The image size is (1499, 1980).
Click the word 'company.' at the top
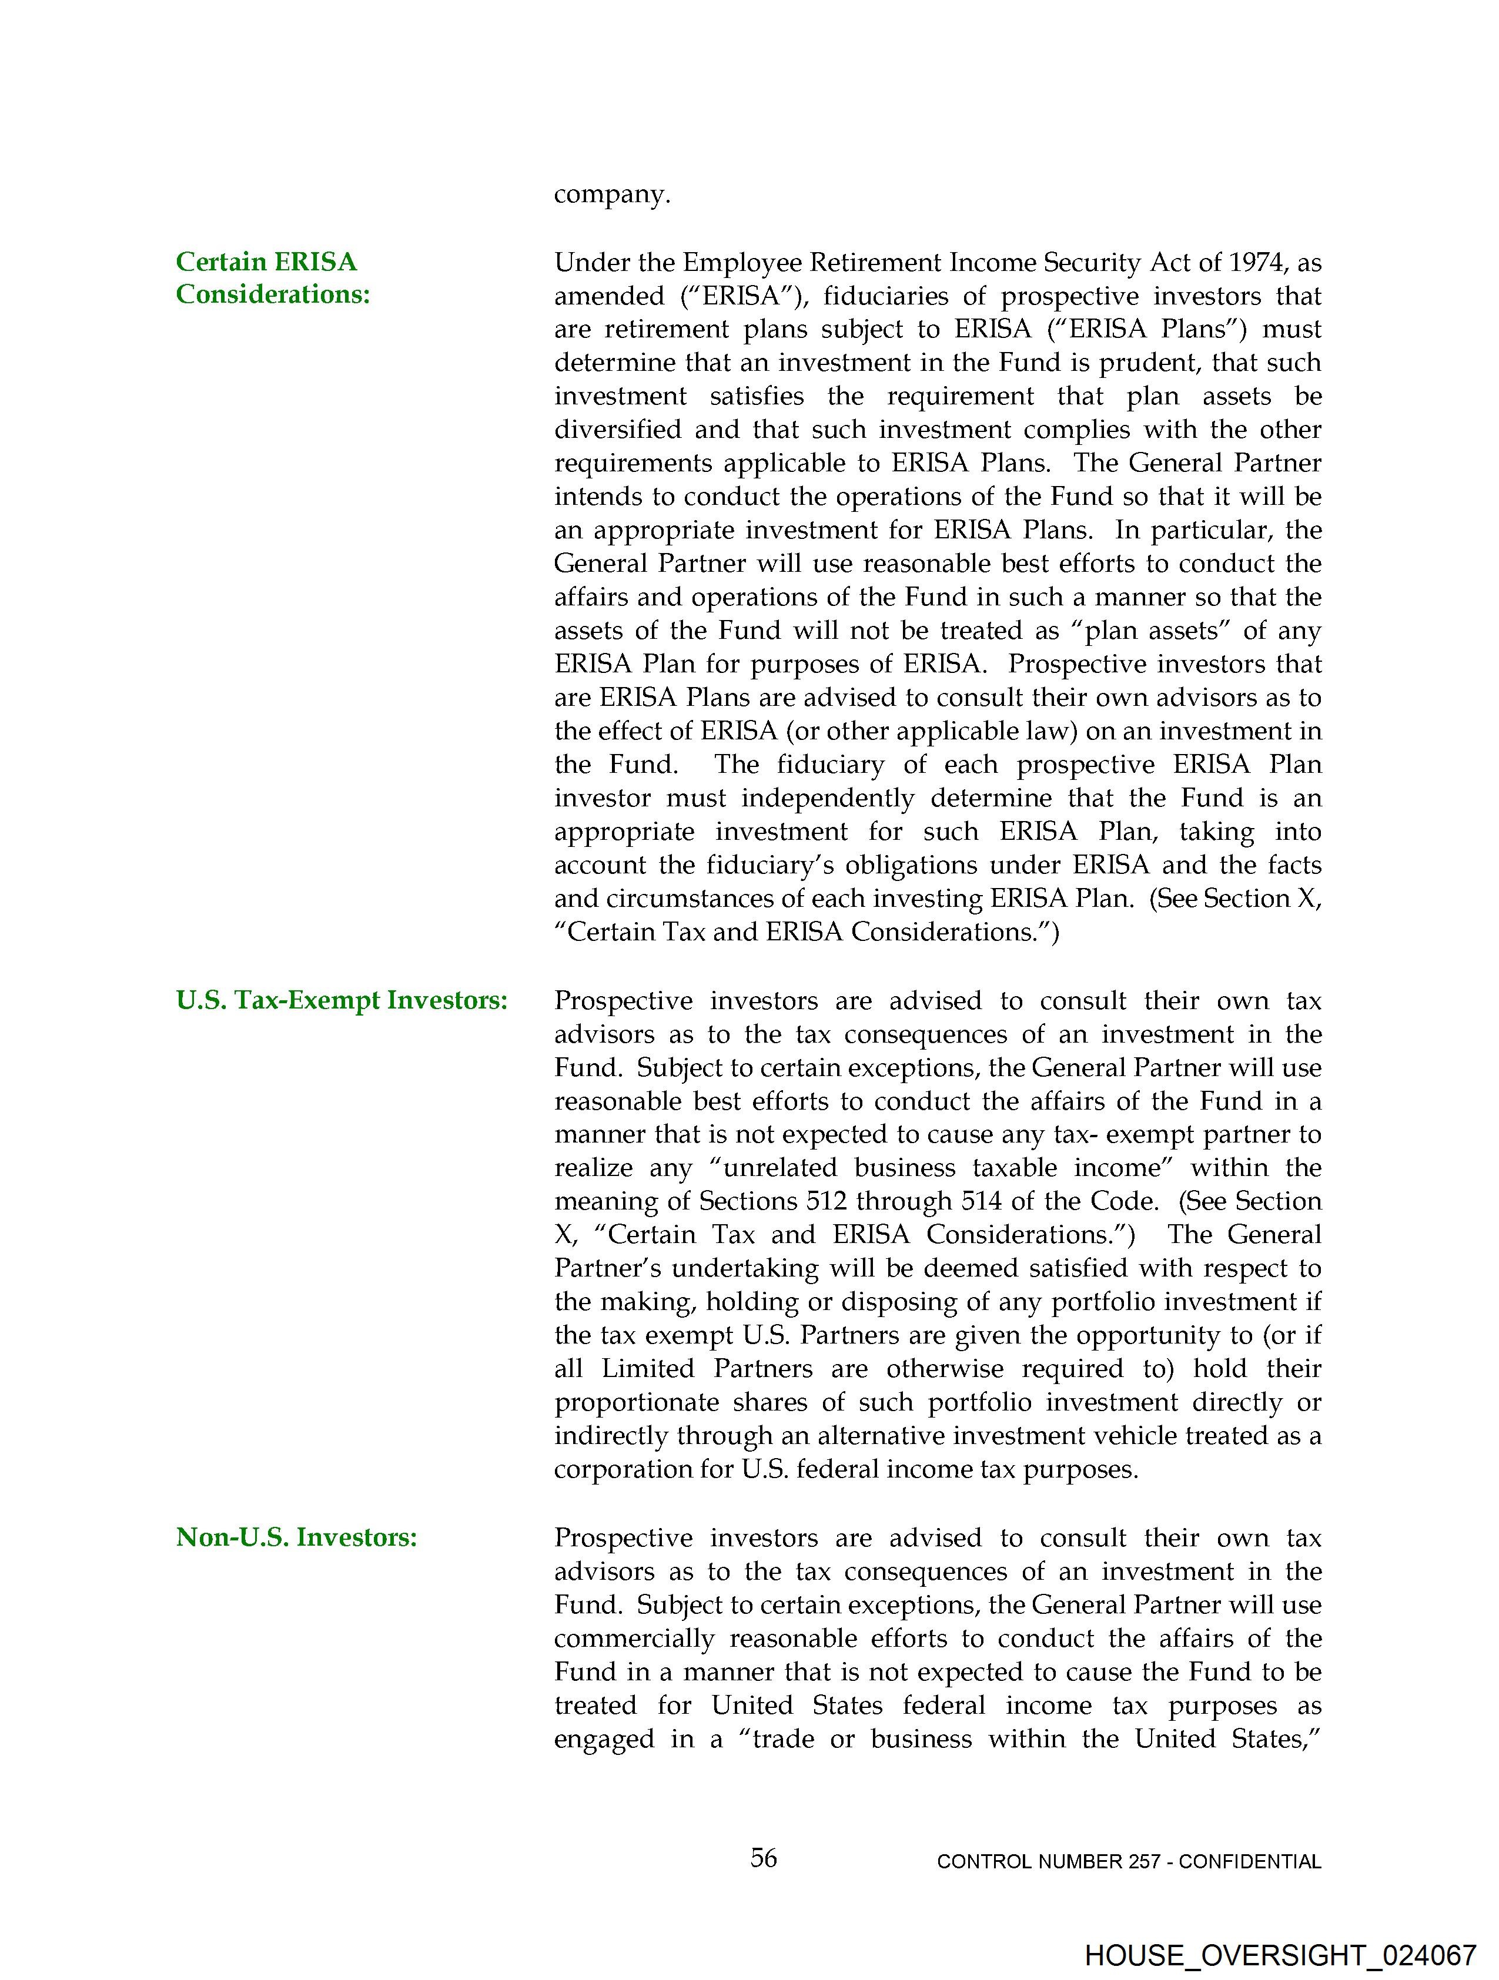[611, 195]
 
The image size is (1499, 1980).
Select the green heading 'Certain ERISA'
[266, 262]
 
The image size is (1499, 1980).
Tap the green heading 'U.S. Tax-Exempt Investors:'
[341, 1000]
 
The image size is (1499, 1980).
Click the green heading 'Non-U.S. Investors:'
[296, 1537]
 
